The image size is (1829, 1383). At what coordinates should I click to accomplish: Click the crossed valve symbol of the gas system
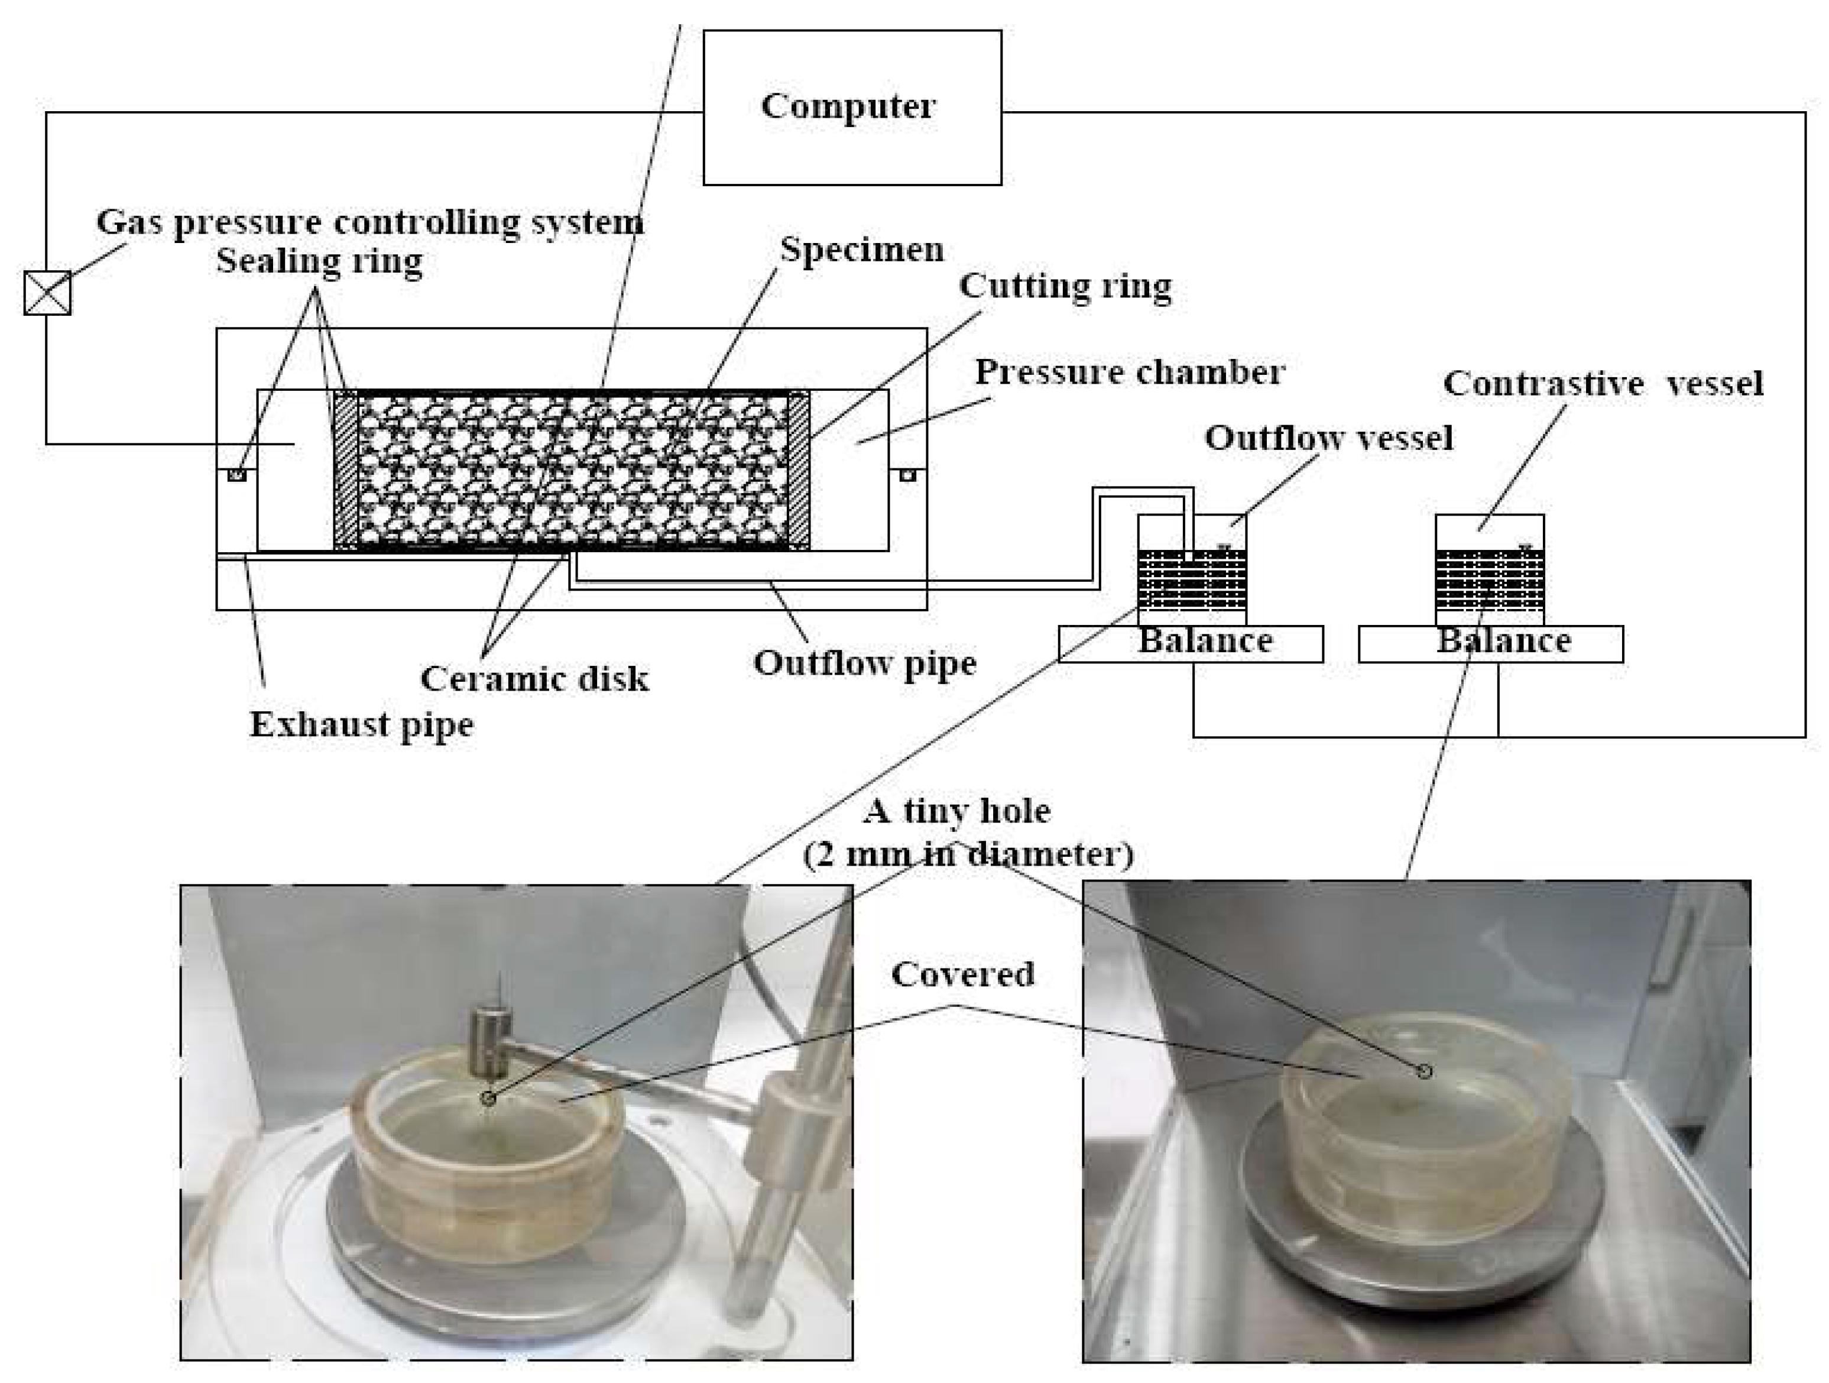[x=47, y=293]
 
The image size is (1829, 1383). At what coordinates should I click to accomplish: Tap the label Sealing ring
[x=319, y=261]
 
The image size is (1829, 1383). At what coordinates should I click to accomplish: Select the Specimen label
[x=861, y=249]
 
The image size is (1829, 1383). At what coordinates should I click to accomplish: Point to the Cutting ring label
[x=1065, y=286]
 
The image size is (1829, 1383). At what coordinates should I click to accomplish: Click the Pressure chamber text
[x=1130, y=373]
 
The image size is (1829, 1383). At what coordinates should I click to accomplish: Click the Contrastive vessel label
[x=1603, y=384]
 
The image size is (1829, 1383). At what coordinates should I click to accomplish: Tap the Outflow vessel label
[x=1328, y=438]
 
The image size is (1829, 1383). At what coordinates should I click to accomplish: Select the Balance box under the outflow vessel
[x=1191, y=643]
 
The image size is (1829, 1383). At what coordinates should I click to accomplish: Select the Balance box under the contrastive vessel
[x=1490, y=643]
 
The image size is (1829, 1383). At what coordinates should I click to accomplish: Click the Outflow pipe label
[x=864, y=663]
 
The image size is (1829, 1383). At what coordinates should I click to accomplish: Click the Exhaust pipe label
[x=361, y=724]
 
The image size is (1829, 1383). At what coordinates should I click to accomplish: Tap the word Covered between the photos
[x=962, y=974]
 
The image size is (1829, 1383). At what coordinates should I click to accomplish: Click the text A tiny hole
[x=956, y=811]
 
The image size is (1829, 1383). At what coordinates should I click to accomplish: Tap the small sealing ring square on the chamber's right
[x=908, y=475]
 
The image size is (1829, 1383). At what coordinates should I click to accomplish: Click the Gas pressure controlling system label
[x=369, y=222]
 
